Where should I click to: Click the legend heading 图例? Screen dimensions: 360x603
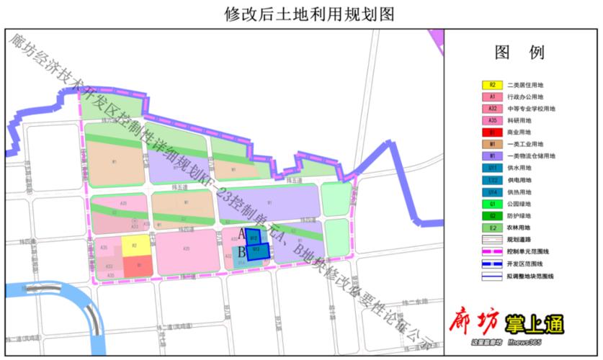click(x=519, y=53)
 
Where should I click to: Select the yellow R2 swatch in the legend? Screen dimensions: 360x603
click(x=492, y=85)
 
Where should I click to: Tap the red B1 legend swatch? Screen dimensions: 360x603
click(x=492, y=132)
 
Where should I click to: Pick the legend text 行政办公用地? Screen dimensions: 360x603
click(x=526, y=96)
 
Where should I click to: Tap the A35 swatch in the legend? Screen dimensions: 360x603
click(x=492, y=120)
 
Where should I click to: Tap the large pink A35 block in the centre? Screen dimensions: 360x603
click(x=187, y=249)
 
